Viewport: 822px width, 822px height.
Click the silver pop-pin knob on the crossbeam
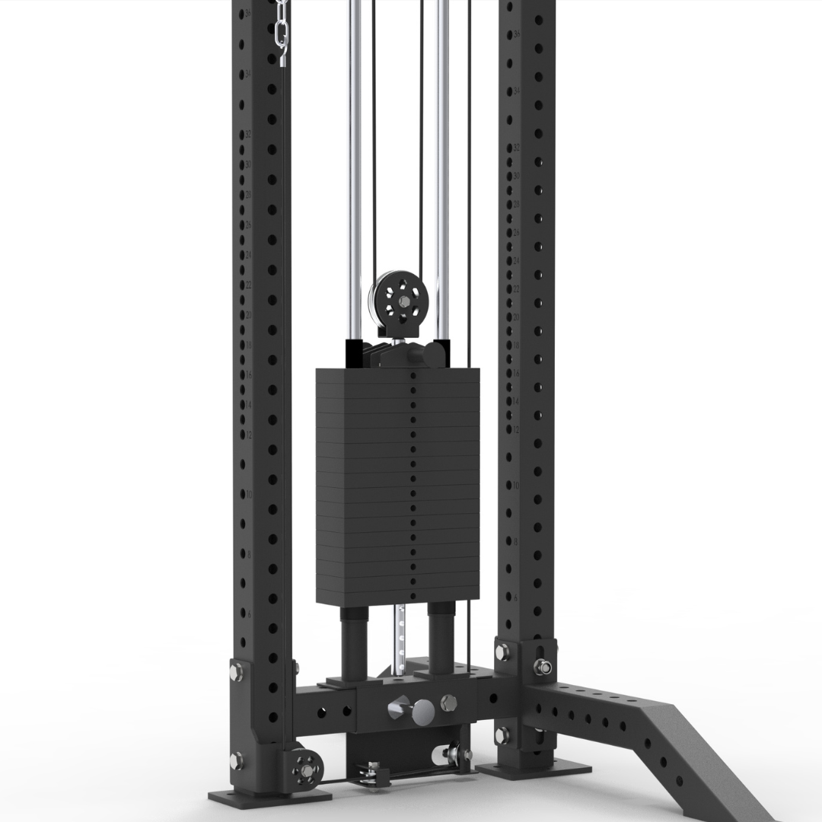point(419,710)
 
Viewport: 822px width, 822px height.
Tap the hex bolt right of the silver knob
point(448,702)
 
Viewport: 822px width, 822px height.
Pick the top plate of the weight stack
point(397,375)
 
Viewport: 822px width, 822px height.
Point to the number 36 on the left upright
point(247,14)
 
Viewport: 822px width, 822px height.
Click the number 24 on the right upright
point(516,261)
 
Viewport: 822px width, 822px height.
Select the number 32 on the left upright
point(247,133)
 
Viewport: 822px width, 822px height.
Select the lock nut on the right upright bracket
point(543,667)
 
